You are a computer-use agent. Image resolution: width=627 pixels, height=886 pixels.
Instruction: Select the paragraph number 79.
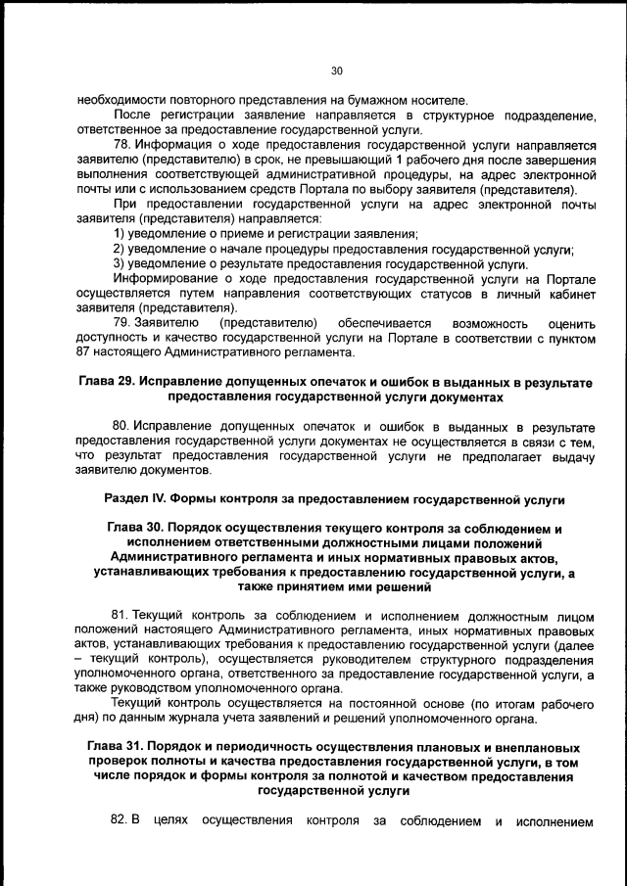[121, 322]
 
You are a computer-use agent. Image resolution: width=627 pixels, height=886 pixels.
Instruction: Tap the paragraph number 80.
[121, 427]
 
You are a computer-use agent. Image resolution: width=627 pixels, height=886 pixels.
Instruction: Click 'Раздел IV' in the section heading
[135, 499]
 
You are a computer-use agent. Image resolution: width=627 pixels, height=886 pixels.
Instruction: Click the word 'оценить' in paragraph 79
[571, 322]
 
